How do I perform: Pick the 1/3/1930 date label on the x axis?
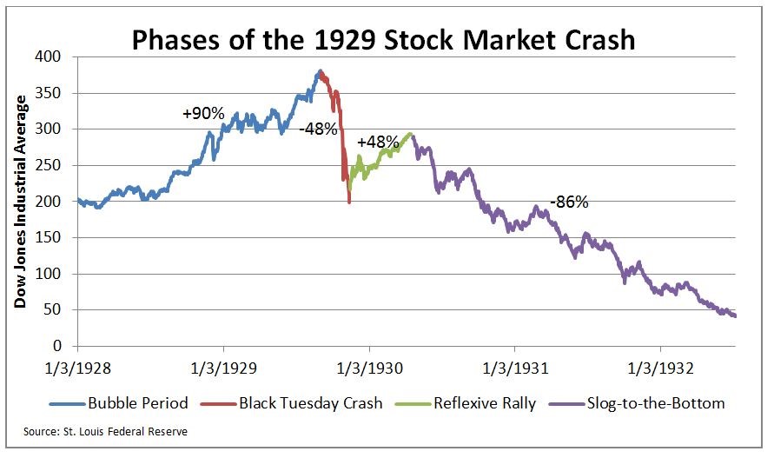click(x=369, y=368)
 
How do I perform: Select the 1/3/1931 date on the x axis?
click(x=514, y=368)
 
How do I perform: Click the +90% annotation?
click(x=203, y=114)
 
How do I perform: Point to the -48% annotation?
click(x=319, y=129)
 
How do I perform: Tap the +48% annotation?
click(x=377, y=142)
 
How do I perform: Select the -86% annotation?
click(x=569, y=202)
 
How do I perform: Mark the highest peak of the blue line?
click(x=320, y=71)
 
